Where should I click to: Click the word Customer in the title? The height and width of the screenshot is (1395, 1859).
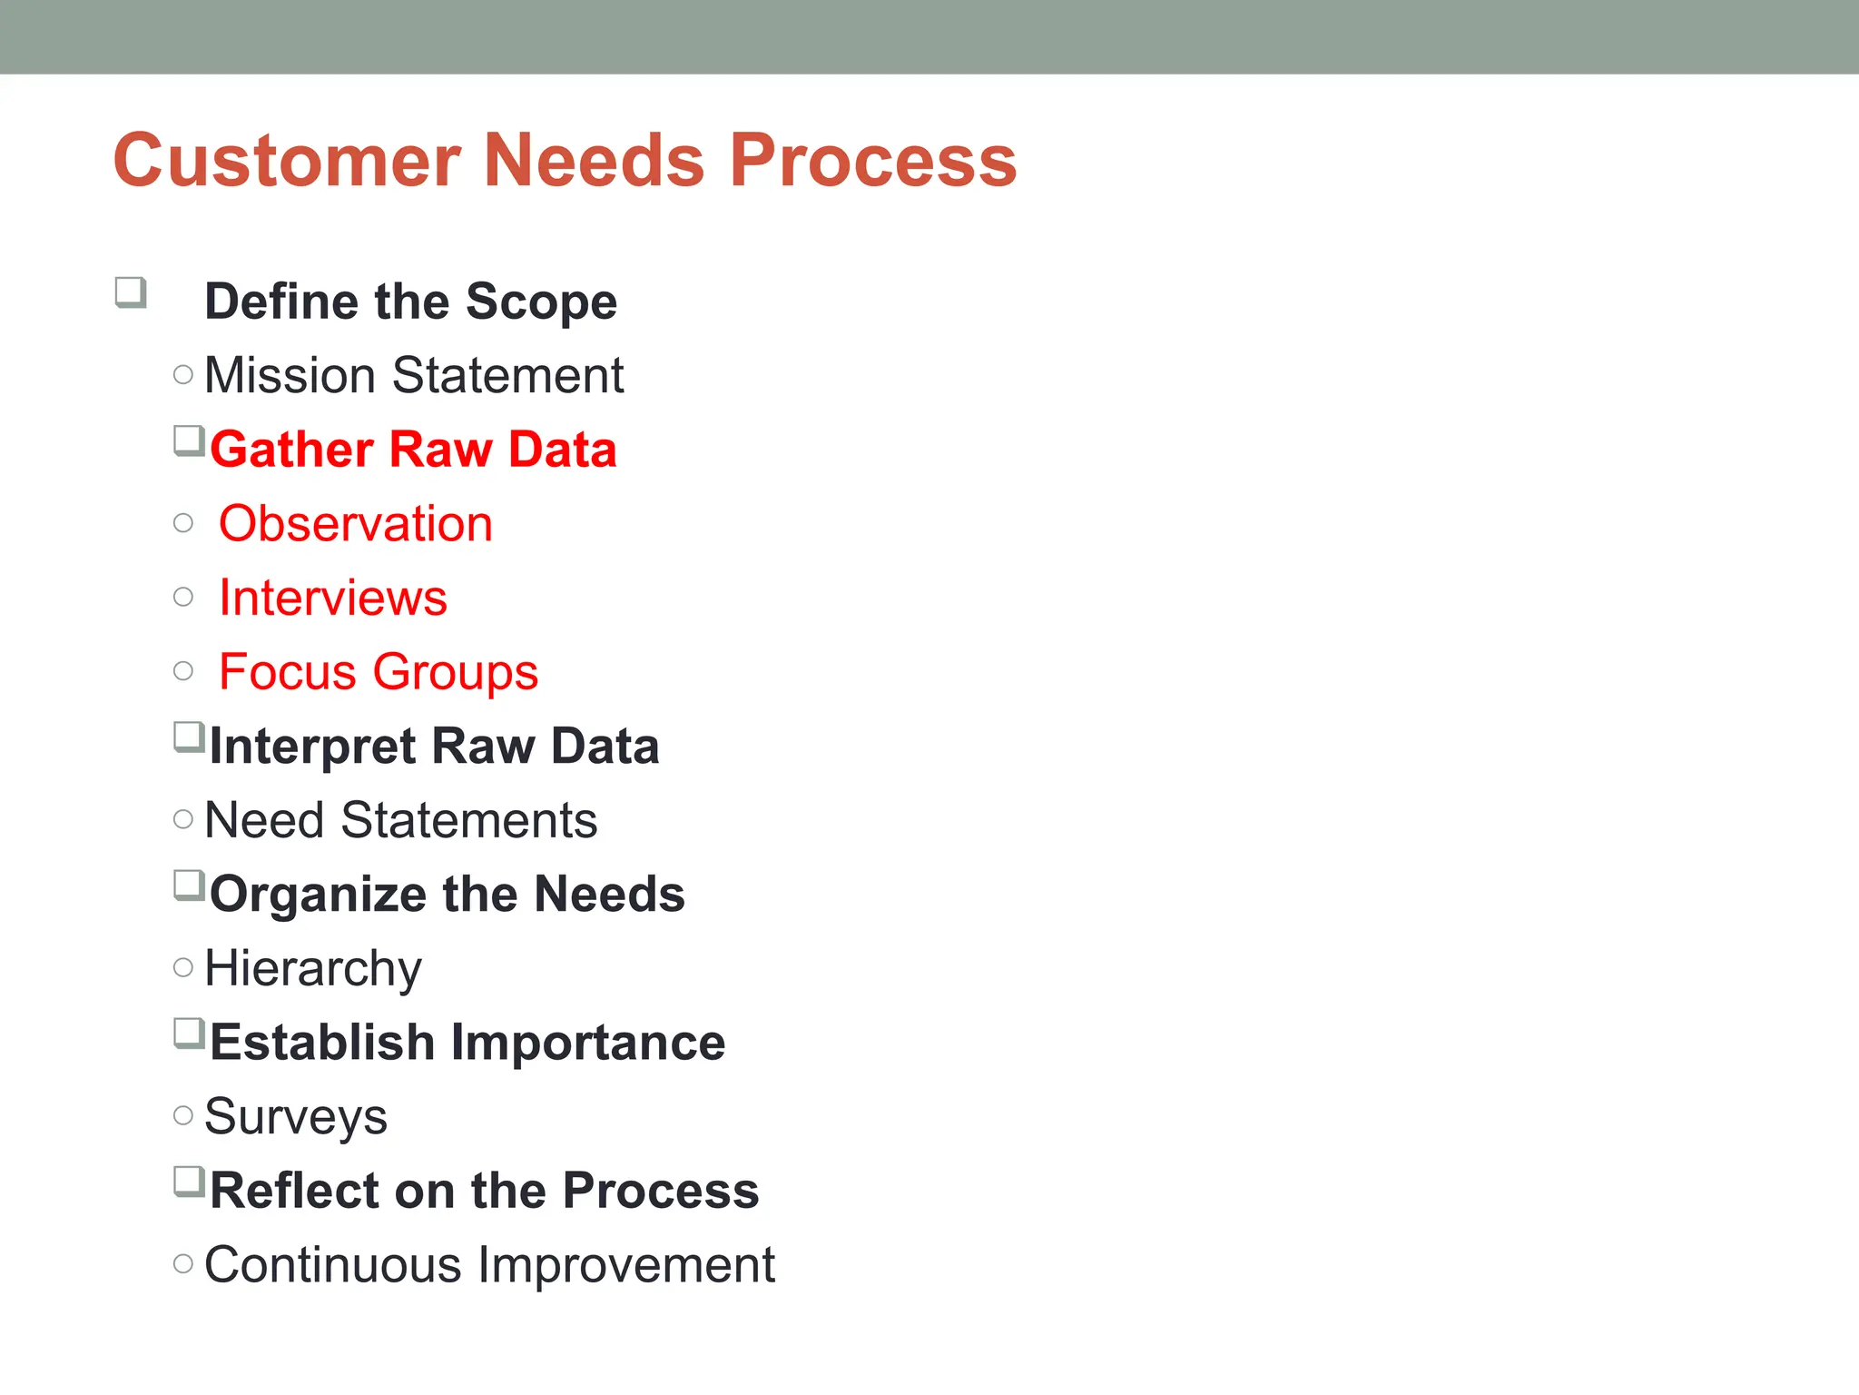[287, 161]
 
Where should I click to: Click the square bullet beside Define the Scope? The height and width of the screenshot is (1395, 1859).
[131, 292]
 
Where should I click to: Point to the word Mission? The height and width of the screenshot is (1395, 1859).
[290, 375]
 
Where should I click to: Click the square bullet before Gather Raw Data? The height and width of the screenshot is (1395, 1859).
[188, 441]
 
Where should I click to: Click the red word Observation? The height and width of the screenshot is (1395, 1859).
[355, 524]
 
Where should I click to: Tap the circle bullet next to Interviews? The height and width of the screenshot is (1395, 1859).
[183, 597]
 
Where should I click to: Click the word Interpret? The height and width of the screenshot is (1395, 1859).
[312, 747]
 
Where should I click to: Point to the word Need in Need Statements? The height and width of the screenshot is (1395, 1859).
[264, 820]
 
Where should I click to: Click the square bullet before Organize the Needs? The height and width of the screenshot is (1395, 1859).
[188, 885]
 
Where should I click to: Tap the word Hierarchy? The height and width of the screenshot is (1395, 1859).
[313, 969]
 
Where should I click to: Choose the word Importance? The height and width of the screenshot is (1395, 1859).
[587, 1043]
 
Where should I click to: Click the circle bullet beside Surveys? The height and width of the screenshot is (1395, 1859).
[183, 1115]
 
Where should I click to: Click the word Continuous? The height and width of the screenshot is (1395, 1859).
[332, 1265]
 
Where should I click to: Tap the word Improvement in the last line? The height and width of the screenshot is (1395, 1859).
[626, 1265]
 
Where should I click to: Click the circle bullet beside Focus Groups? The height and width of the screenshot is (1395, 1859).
[183, 671]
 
